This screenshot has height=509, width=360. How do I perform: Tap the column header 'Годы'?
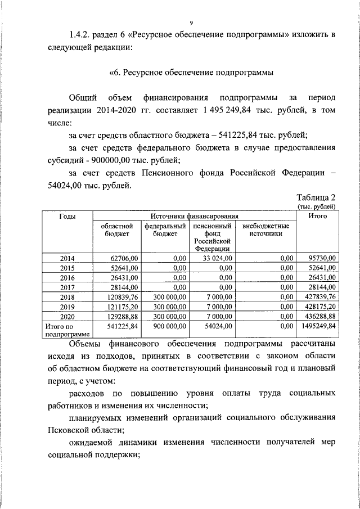(67, 216)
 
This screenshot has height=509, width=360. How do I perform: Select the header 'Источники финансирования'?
(194, 216)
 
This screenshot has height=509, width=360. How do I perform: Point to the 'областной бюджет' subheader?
(116, 230)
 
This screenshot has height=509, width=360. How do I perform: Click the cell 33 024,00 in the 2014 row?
(215, 258)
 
